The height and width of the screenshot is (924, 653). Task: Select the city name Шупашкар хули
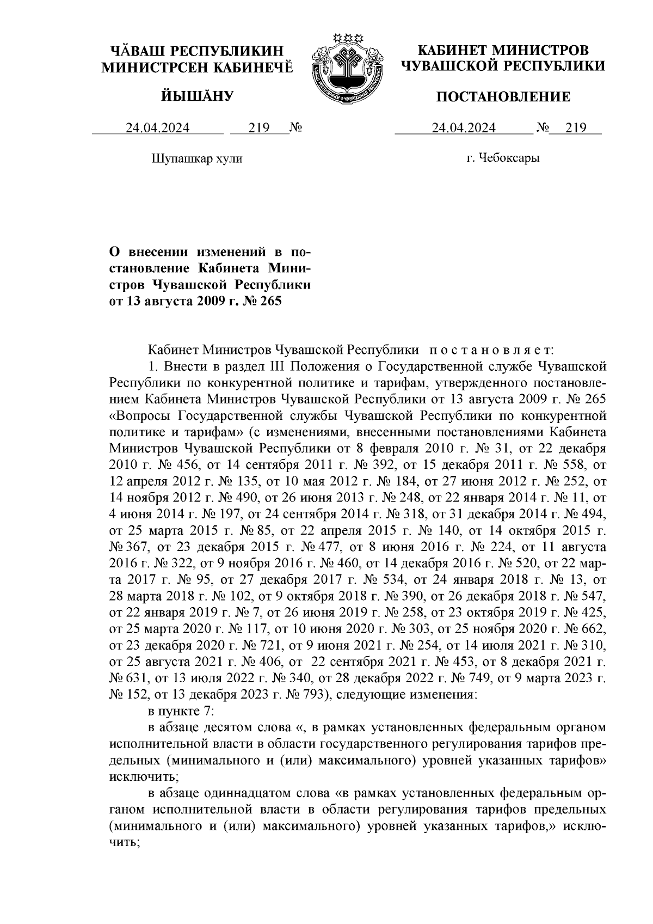coord(196,159)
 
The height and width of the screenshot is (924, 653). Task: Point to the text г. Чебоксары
coord(503,159)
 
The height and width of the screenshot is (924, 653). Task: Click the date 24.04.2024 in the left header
coord(158,128)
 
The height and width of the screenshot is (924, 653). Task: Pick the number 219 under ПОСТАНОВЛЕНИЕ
coord(576,128)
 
